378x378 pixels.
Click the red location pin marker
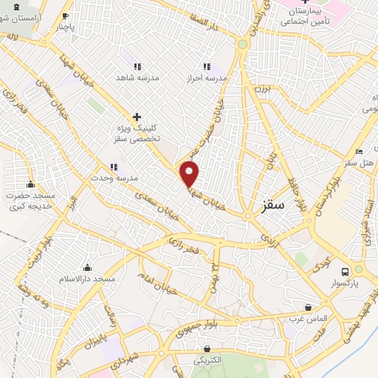pos(190,173)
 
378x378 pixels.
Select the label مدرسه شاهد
pos(134,77)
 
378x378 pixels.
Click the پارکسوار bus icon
pos(339,269)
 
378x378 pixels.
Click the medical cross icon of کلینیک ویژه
pos(137,117)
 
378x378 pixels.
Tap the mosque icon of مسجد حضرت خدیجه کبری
pos(30,185)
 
